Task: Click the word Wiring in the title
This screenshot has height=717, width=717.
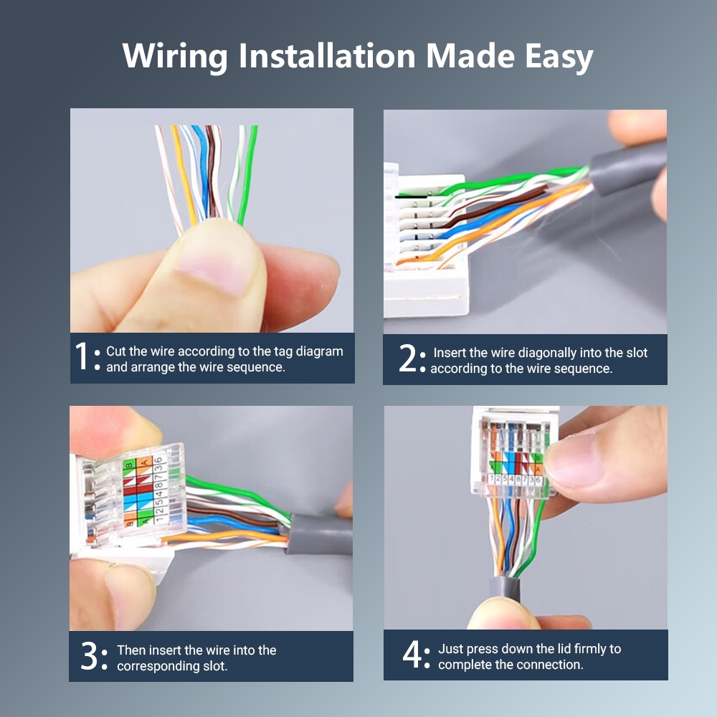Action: click(175, 56)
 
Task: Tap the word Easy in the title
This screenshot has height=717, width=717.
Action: click(559, 57)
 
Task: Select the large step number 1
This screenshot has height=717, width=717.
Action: click(82, 356)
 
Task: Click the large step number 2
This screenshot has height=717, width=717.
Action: click(407, 358)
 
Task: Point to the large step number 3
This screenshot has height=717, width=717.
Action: click(89, 656)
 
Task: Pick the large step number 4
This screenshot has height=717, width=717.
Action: click(412, 654)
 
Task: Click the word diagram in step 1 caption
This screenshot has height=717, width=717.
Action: click(319, 351)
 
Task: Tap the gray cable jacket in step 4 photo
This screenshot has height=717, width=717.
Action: click(504, 589)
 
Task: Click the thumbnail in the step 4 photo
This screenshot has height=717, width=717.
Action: click(574, 462)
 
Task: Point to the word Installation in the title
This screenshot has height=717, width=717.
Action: click(328, 56)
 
